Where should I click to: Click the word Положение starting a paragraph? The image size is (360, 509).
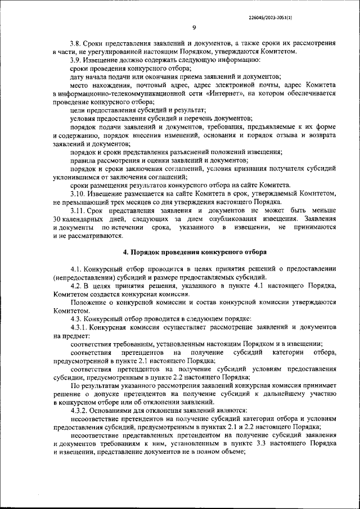(x=90, y=302)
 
